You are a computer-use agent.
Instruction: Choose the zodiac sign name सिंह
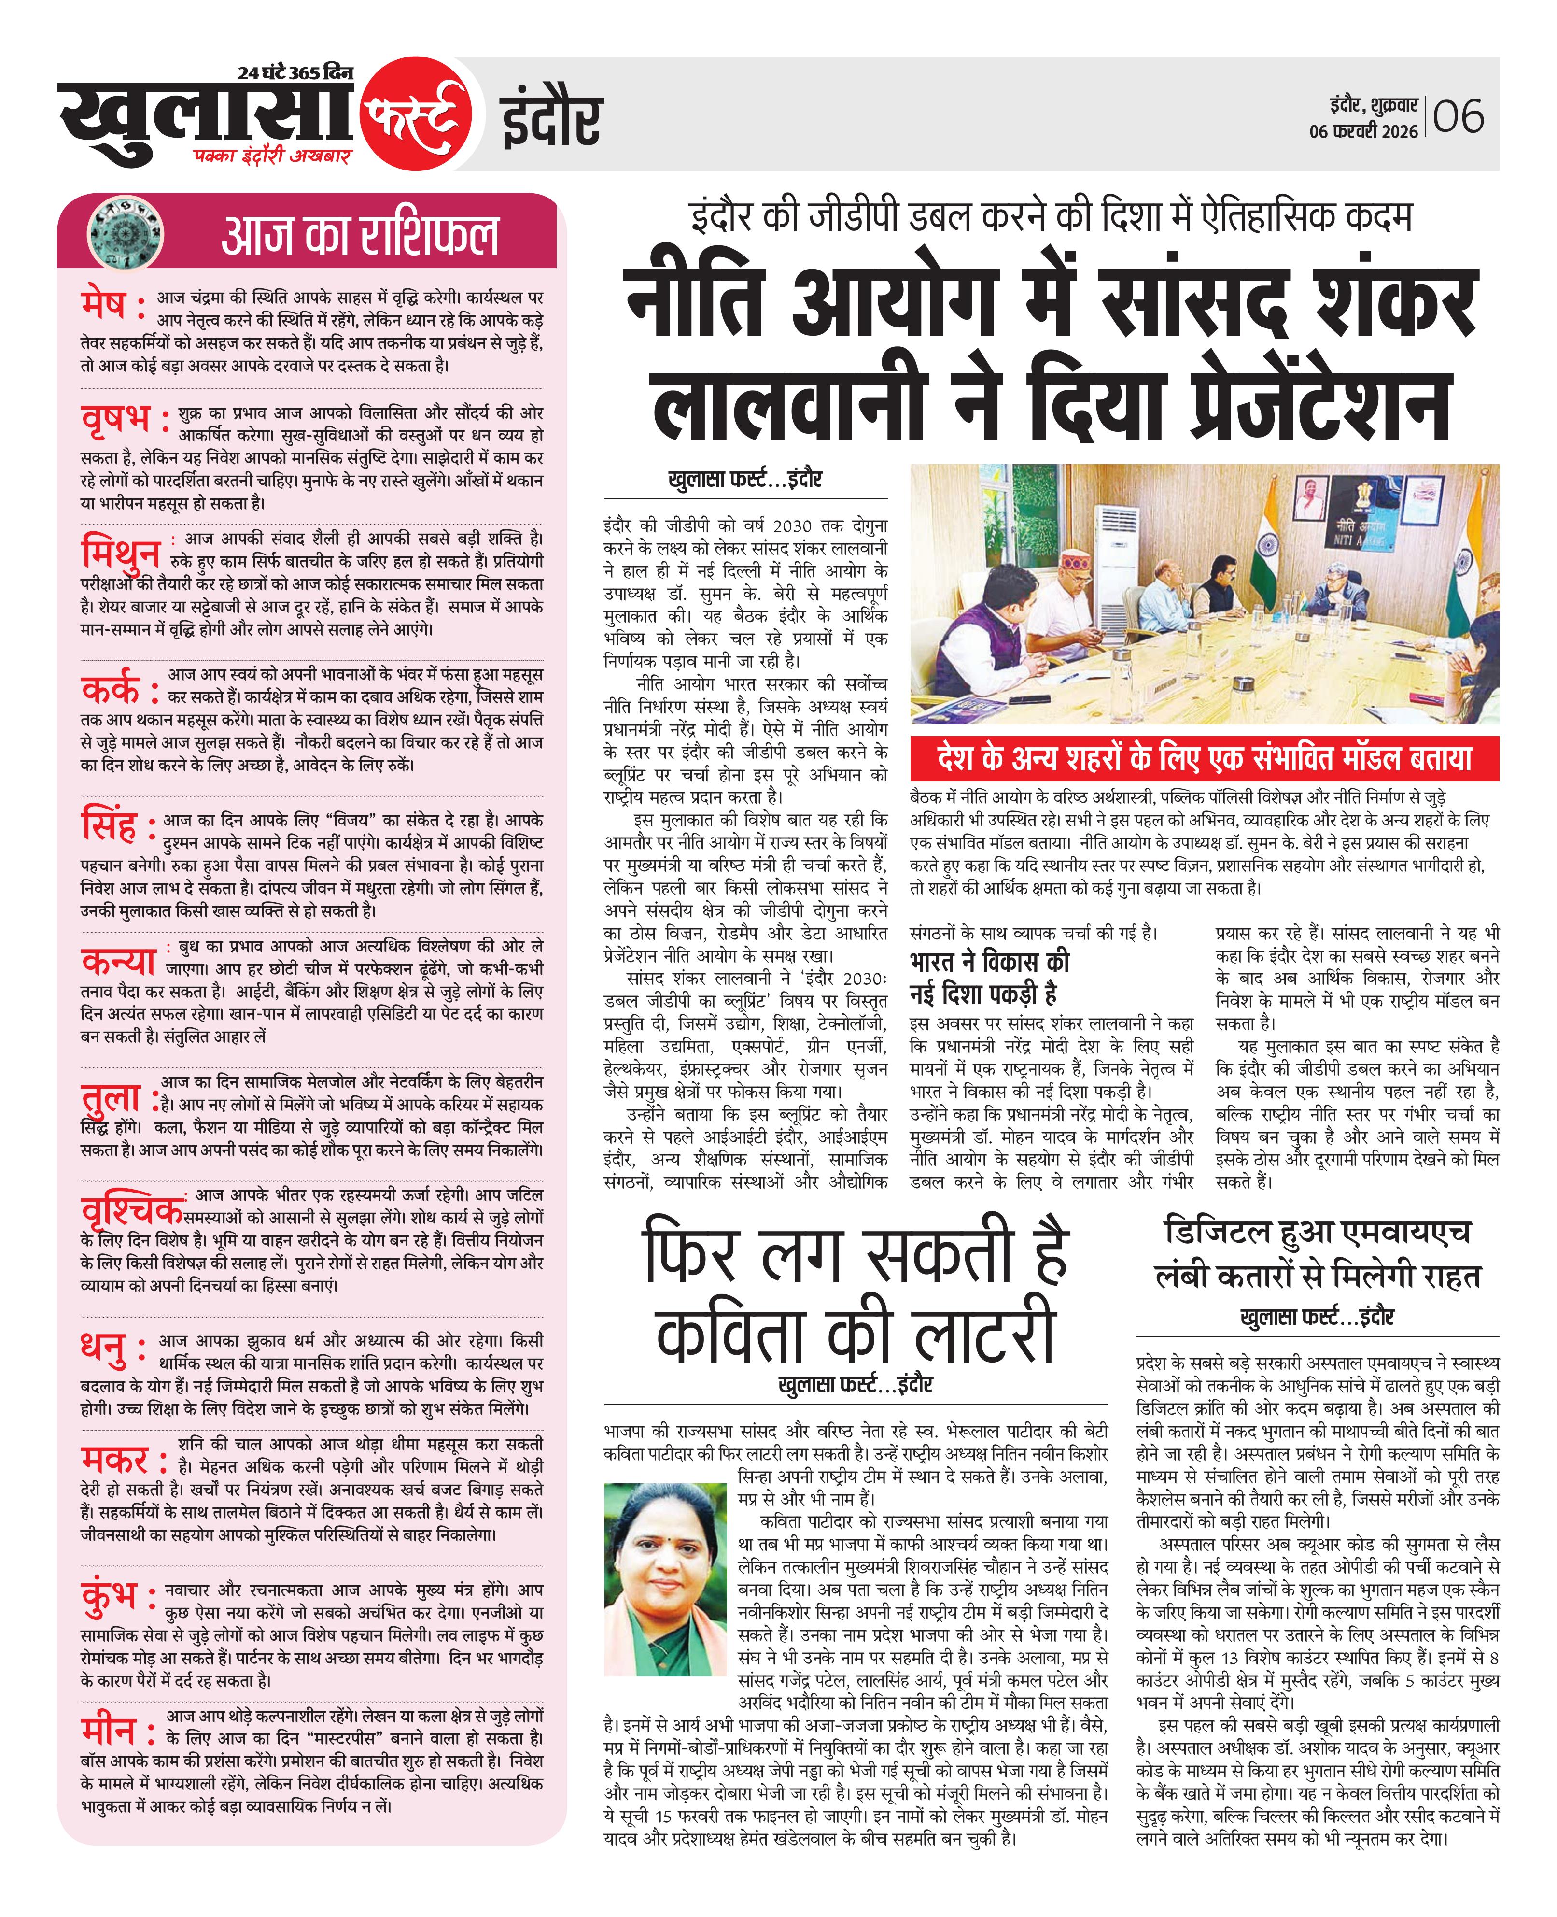tap(110, 825)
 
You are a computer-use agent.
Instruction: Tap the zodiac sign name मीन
tap(109, 1730)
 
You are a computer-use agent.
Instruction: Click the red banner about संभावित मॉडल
tap(1204, 759)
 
